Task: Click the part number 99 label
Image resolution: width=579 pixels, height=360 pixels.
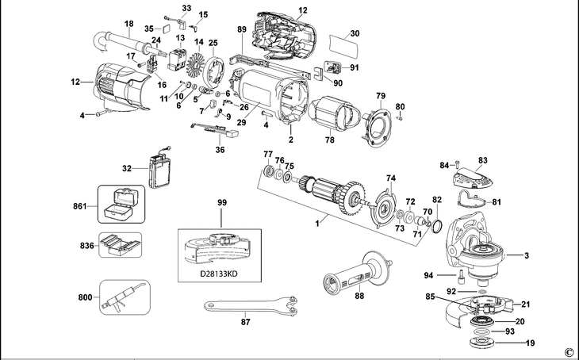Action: [x=221, y=204]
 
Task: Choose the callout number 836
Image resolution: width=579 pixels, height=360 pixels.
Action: [x=86, y=246]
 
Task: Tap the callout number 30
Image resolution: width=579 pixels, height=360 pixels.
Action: [x=355, y=33]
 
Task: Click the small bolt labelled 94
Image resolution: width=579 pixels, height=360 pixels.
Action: [x=461, y=278]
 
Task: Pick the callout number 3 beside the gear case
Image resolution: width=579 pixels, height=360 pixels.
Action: [x=526, y=255]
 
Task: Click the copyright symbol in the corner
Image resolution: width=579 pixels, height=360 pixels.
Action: [x=568, y=352]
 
